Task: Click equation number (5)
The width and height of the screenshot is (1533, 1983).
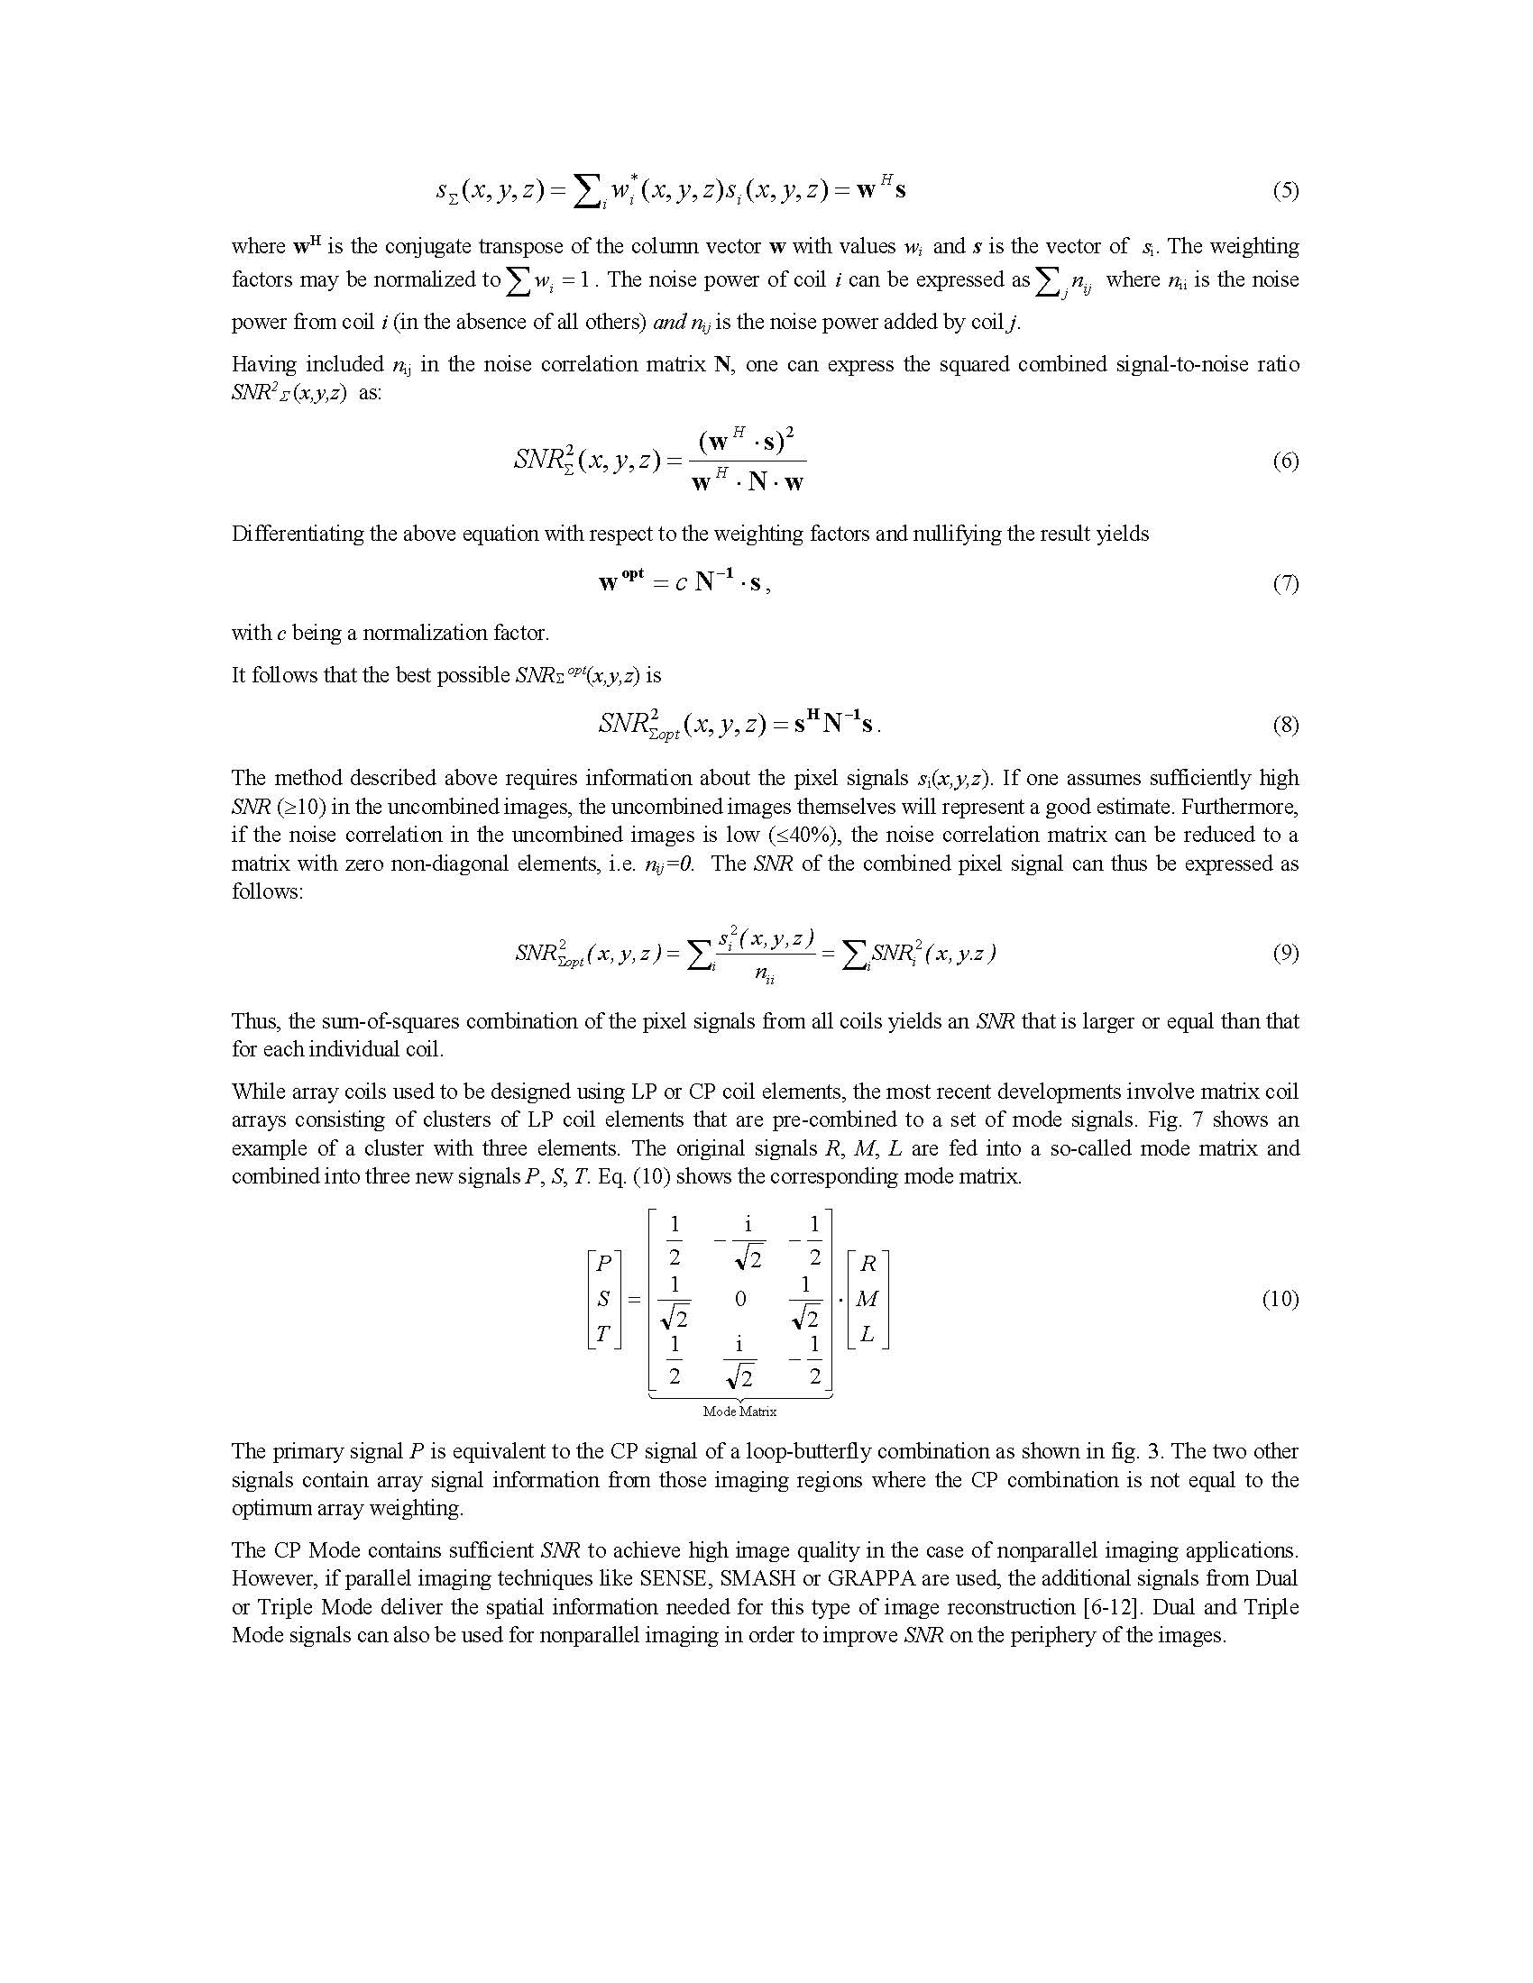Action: point(1284,191)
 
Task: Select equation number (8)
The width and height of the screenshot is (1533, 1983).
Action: point(1284,725)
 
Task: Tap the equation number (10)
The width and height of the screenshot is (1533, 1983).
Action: point(1280,1299)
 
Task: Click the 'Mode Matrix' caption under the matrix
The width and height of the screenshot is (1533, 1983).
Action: point(739,1411)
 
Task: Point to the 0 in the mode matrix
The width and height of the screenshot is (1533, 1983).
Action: point(740,1299)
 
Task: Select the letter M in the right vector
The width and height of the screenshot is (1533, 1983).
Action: point(867,1299)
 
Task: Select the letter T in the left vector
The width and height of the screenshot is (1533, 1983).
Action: point(604,1334)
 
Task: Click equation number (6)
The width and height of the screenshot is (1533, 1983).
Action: point(1284,461)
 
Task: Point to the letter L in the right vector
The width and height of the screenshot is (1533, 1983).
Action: point(867,1334)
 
